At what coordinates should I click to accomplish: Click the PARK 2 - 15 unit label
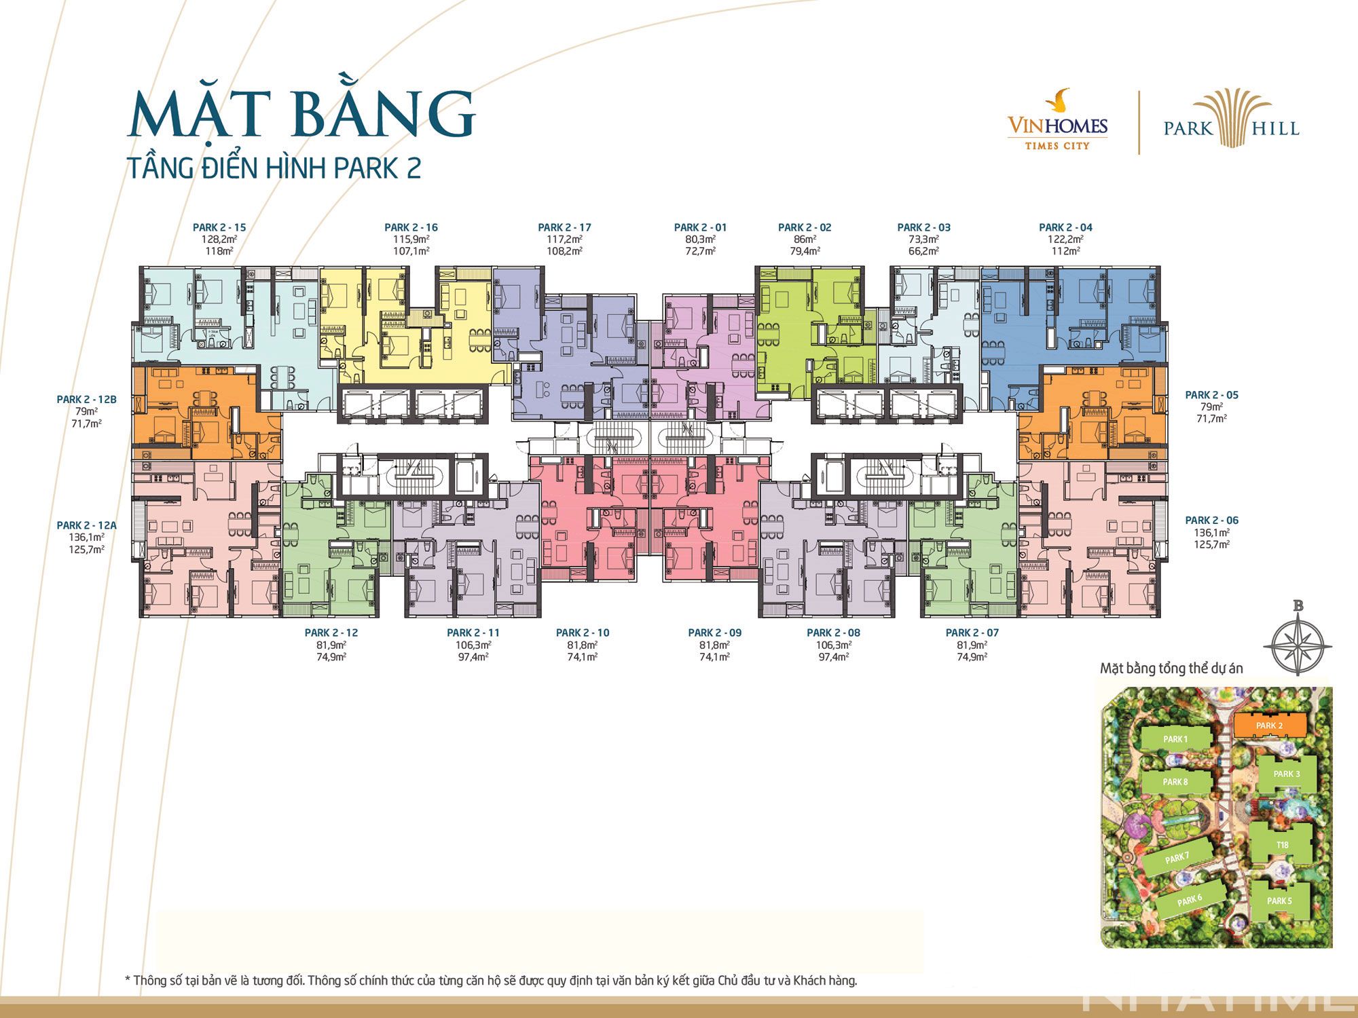[219, 227]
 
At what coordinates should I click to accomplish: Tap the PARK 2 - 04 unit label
[1065, 227]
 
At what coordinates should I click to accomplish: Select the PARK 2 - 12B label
[86, 400]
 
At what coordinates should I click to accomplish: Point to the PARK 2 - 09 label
[714, 633]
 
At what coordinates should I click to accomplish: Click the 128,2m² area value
[219, 240]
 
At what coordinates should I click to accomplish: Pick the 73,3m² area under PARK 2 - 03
[923, 240]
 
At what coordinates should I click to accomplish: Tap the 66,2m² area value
[923, 251]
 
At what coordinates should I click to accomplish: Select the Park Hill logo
[1232, 121]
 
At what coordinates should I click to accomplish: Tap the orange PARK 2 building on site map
[1268, 725]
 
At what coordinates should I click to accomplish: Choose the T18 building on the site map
[1281, 845]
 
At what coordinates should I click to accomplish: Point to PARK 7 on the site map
[1177, 859]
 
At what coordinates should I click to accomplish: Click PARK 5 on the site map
[1279, 901]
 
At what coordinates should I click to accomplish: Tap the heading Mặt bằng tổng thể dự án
[1171, 668]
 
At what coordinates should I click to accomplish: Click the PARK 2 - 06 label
[1212, 521]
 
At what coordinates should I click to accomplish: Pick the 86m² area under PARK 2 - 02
[805, 240]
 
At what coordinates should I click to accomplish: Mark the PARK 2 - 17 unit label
[564, 227]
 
